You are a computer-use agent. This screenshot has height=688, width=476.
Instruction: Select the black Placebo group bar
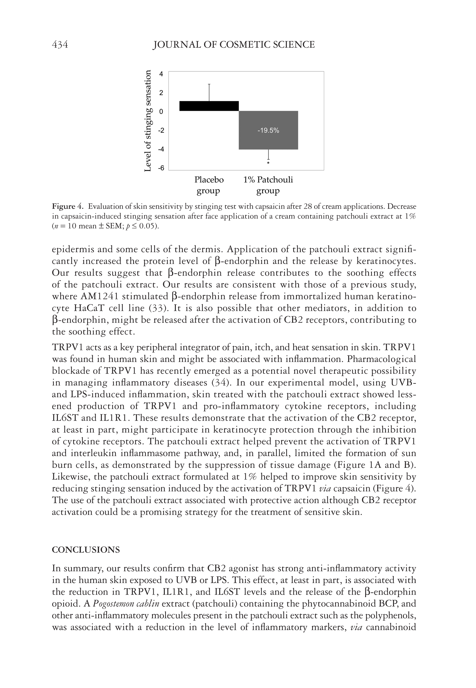click(x=209, y=106)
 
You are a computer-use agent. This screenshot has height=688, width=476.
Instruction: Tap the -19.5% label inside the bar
click(x=268, y=130)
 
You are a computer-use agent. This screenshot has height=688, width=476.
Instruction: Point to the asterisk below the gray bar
click(x=268, y=163)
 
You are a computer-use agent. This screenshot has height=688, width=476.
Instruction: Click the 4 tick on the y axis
click(x=161, y=74)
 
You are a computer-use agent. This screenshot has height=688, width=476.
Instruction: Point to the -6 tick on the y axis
click(x=161, y=168)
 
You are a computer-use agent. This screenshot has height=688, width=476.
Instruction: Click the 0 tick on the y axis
click(x=161, y=112)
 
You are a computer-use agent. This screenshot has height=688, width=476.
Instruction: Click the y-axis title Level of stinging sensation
click(x=148, y=121)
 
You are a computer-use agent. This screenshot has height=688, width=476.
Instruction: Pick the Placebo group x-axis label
click(x=209, y=185)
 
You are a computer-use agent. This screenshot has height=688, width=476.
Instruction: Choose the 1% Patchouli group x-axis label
click(x=268, y=185)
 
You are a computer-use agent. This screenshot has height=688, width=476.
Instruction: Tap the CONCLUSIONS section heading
click(x=86, y=550)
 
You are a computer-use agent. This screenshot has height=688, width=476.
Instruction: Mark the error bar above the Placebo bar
click(x=209, y=93)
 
